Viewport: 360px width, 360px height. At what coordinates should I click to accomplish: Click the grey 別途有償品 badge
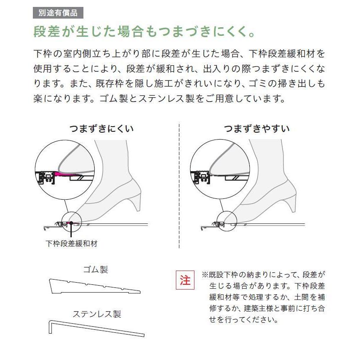[58, 13]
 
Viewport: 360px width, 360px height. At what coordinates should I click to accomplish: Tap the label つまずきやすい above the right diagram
[257, 129]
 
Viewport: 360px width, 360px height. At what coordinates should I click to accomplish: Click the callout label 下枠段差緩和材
[72, 243]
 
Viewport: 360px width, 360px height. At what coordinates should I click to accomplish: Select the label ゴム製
[96, 270]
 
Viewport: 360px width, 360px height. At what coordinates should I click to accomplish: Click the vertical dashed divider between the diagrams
[179, 186]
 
